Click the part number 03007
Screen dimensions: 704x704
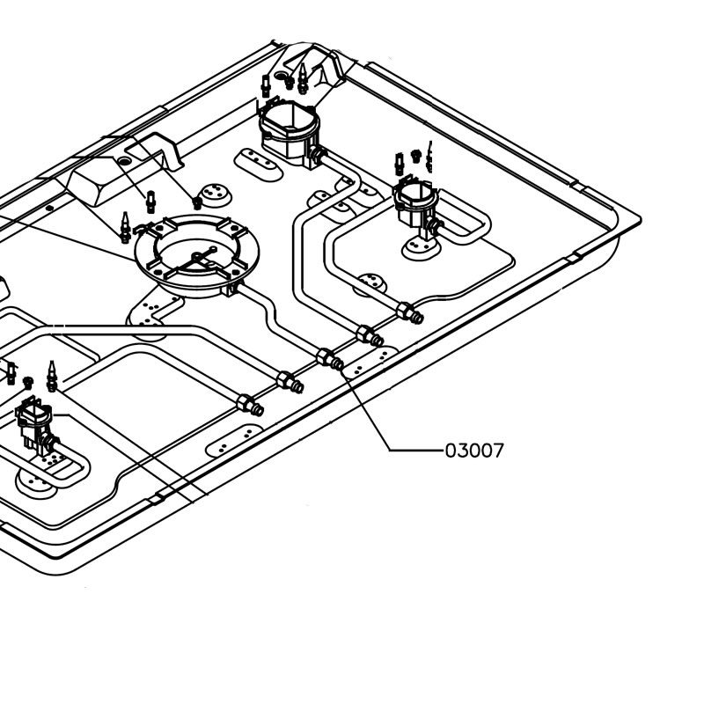(x=474, y=451)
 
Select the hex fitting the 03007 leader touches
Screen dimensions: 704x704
(x=330, y=359)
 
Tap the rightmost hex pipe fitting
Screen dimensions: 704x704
(x=409, y=312)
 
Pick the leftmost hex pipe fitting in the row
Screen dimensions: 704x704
(x=250, y=405)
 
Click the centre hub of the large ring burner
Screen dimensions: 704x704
(x=196, y=256)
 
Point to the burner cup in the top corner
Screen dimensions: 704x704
(x=290, y=128)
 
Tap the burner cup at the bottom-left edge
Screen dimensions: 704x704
(x=35, y=424)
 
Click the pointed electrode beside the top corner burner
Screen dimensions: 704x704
(x=303, y=78)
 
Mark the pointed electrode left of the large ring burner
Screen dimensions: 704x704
(x=125, y=227)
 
